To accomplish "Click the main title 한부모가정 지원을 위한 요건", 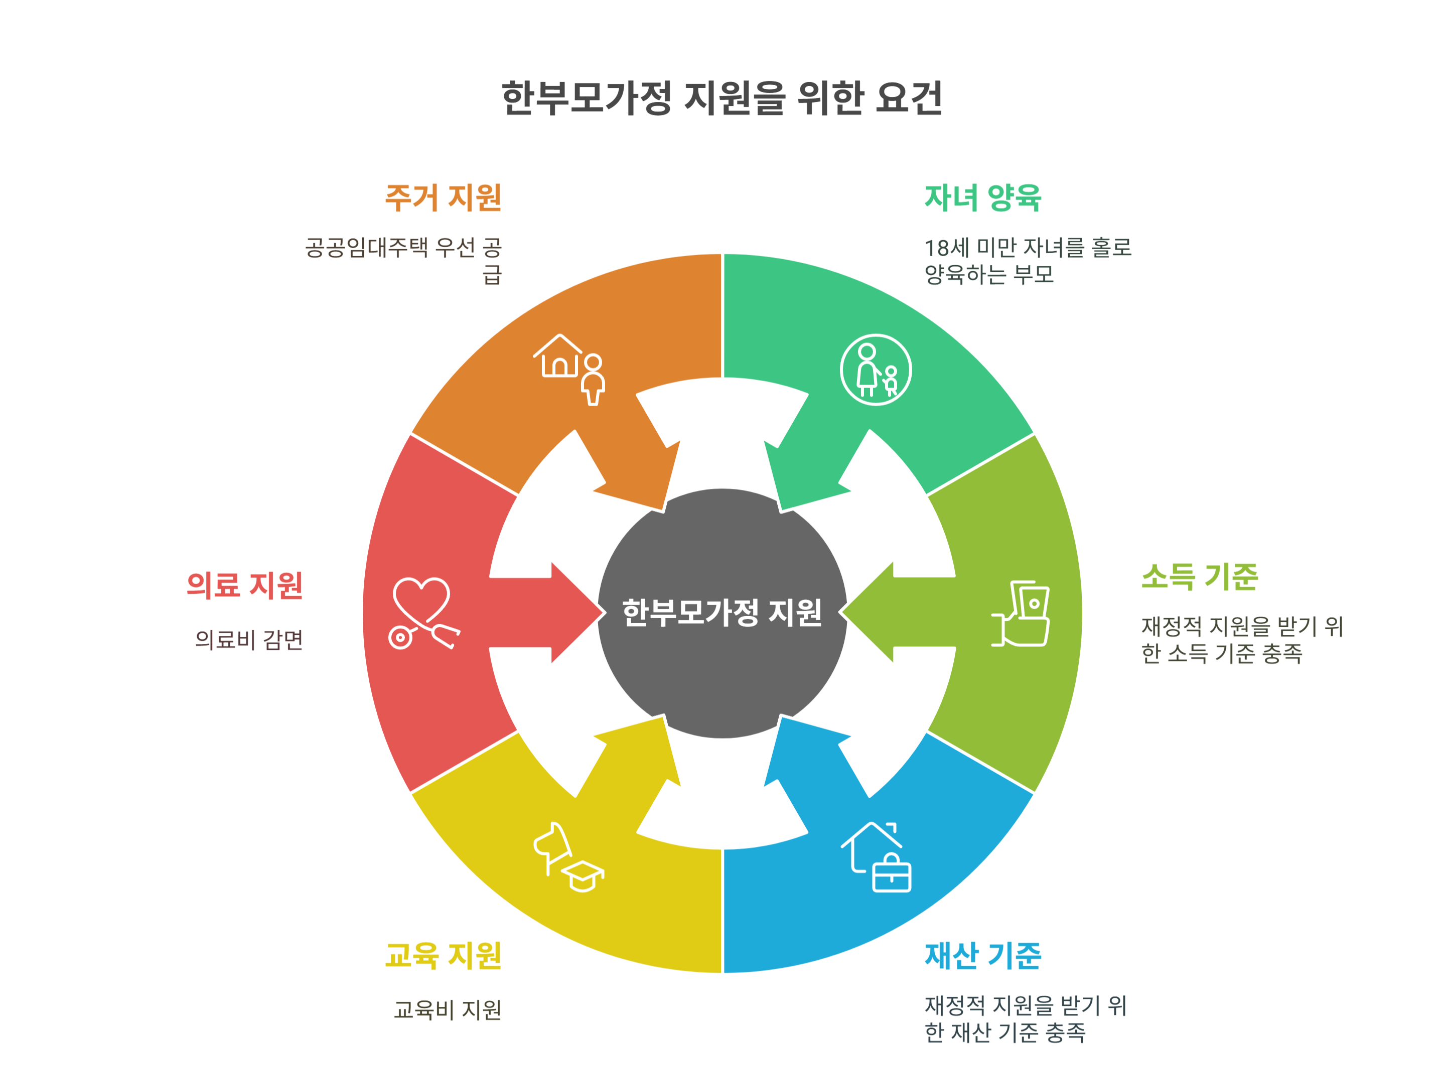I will pos(722,98).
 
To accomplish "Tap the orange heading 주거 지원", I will pos(444,198).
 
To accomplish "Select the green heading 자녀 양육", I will pos(983,198).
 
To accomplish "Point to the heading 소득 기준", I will pos(1199,577).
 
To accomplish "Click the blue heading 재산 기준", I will pos(983,956).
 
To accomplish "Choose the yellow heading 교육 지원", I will pos(444,956).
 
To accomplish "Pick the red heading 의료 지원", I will pos(245,585).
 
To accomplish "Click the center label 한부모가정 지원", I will pos(722,612).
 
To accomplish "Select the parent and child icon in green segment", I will pos(876,370).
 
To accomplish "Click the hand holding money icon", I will pos(1021,613).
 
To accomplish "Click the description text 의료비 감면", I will pos(249,640).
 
